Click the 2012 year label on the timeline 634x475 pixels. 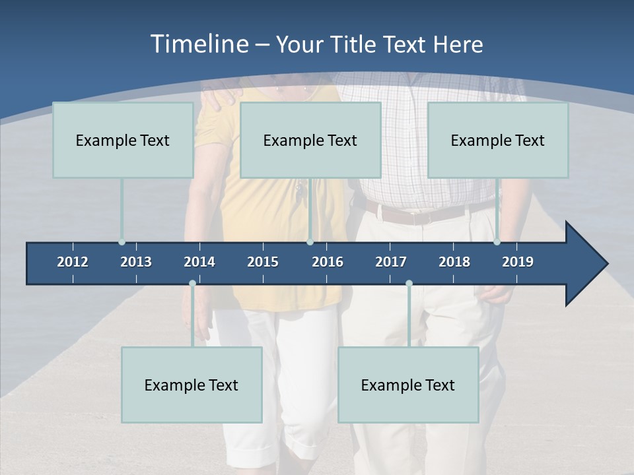pos(73,262)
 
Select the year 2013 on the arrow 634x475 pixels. pos(136,262)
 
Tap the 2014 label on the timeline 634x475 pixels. pos(199,262)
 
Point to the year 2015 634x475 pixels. pos(263,262)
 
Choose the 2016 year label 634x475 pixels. pos(328,262)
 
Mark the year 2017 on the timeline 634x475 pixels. pos(391,262)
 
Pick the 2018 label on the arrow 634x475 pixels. pos(454,262)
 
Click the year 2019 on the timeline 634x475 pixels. pos(518,262)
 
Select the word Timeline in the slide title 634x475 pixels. pos(199,44)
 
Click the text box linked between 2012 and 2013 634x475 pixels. pos(123,140)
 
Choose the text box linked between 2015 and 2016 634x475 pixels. pos(310,140)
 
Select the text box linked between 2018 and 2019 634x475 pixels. pos(498,140)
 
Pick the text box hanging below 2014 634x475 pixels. pos(192,385)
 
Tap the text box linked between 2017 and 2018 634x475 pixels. pos(408,385)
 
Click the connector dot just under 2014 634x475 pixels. pos(192,283)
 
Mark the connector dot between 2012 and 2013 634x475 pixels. pos(122,242)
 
